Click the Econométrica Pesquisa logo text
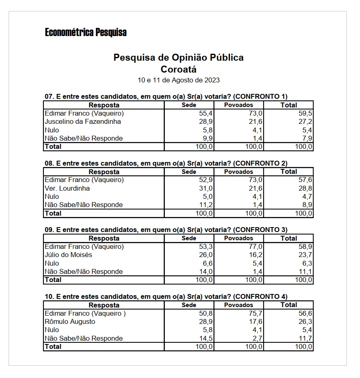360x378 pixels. (86, 32)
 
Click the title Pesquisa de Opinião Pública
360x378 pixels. (178, 57)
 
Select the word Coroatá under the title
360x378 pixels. (178, 69)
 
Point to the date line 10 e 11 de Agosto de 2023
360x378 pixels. (178, 80)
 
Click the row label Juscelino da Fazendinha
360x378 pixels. (83, 121)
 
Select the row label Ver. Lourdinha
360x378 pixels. (67, 188)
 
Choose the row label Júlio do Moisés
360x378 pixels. (68, 255)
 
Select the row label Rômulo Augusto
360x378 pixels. (70, 321)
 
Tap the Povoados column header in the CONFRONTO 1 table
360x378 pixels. (239, 105)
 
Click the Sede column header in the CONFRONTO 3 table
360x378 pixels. (189, 238)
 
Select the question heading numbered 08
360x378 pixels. (166, 163)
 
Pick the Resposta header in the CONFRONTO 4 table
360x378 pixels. (104, 305)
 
